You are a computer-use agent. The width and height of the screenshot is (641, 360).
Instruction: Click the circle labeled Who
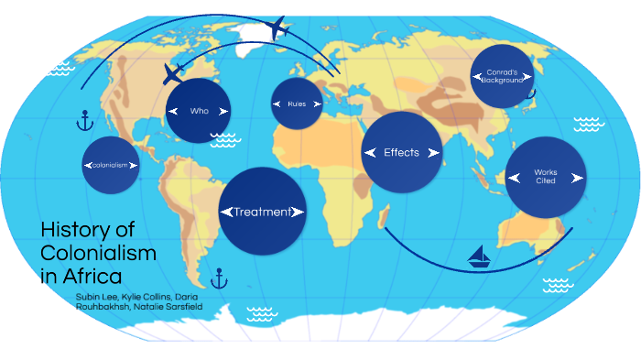[199, 110]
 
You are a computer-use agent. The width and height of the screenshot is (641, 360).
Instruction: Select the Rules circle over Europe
[297, 104]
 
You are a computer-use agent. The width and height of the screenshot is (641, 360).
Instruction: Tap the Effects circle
[402, 152]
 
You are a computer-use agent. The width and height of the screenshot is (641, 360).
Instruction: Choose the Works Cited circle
[545, 176]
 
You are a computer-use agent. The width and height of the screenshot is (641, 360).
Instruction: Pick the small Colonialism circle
[111, 165]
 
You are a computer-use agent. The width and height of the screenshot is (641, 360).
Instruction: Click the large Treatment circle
[262, 212]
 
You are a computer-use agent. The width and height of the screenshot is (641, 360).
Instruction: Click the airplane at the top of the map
[279, 27]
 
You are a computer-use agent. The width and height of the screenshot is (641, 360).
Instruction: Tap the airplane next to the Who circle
[174, 73]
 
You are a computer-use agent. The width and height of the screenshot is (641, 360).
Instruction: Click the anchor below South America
[218, 278]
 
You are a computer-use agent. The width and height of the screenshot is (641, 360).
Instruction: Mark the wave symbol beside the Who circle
[223, 139]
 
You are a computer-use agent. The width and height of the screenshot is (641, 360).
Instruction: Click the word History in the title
[73, 230]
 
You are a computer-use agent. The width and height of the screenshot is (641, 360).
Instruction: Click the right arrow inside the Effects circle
[436, 153]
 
